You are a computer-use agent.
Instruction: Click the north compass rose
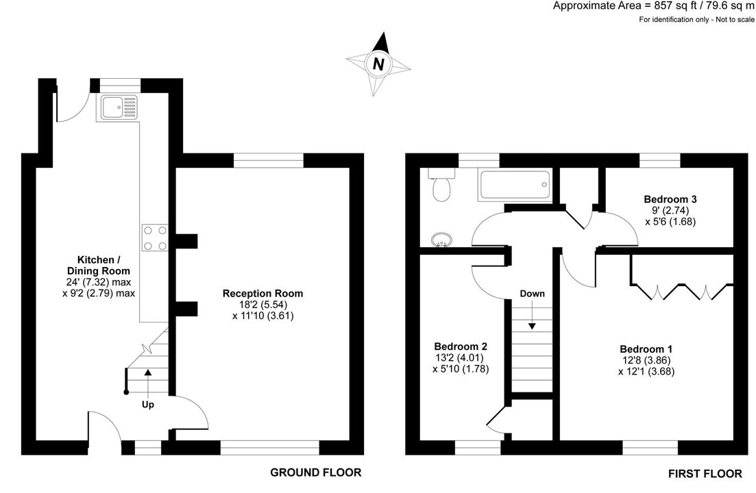378,65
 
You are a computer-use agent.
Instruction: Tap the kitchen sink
119,107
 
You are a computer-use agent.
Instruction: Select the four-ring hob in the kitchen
155,237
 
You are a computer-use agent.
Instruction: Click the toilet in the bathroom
440,186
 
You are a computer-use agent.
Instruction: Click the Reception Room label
263,293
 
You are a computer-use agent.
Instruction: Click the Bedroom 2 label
461,346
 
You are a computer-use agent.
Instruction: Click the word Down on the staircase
532,294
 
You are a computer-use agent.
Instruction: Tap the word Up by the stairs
148,405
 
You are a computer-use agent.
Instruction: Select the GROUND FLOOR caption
315,472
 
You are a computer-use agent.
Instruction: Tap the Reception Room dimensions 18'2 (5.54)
263,305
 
